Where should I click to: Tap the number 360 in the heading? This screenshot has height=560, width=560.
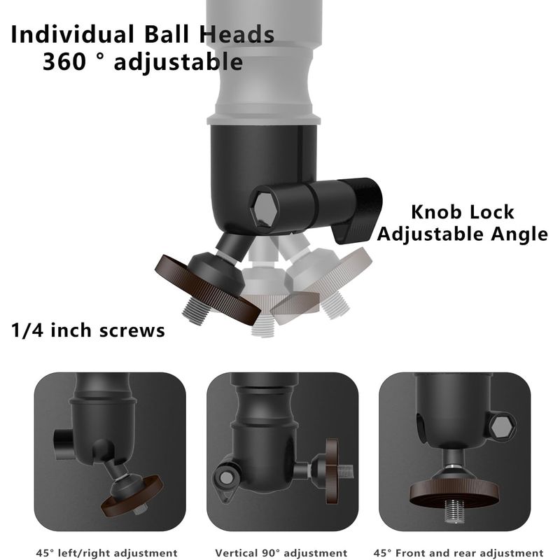[64, 62]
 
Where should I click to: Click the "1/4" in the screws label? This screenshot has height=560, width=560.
[27, 330]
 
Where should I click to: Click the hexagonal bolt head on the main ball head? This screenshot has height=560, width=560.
[265, 211]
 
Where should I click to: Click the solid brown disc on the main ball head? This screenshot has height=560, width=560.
[207, 288]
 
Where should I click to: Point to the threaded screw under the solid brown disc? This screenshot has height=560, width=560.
[195, 311]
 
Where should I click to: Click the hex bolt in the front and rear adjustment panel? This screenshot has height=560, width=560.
[502, 426]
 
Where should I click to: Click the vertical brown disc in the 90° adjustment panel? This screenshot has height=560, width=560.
[332, 471]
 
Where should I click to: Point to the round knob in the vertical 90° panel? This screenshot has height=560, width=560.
[225, 477]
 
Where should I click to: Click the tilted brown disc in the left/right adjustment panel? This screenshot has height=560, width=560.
[132, 496]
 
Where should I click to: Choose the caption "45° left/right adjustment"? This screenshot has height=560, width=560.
[107, 553]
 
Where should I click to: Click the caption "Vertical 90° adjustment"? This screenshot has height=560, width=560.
[281, 553]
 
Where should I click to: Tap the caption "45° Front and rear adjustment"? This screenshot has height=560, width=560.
[458, 553]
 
